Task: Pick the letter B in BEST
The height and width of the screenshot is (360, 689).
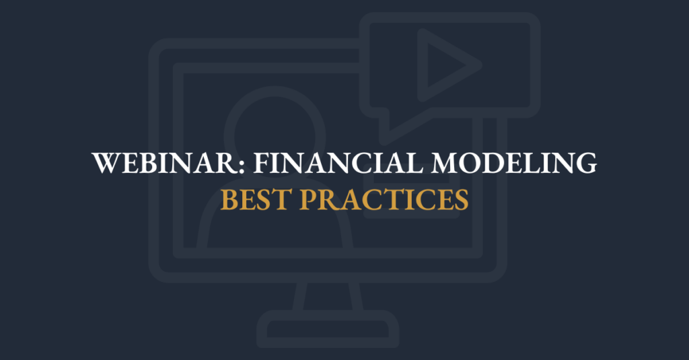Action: pyautogui.click(x=229, y=201)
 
